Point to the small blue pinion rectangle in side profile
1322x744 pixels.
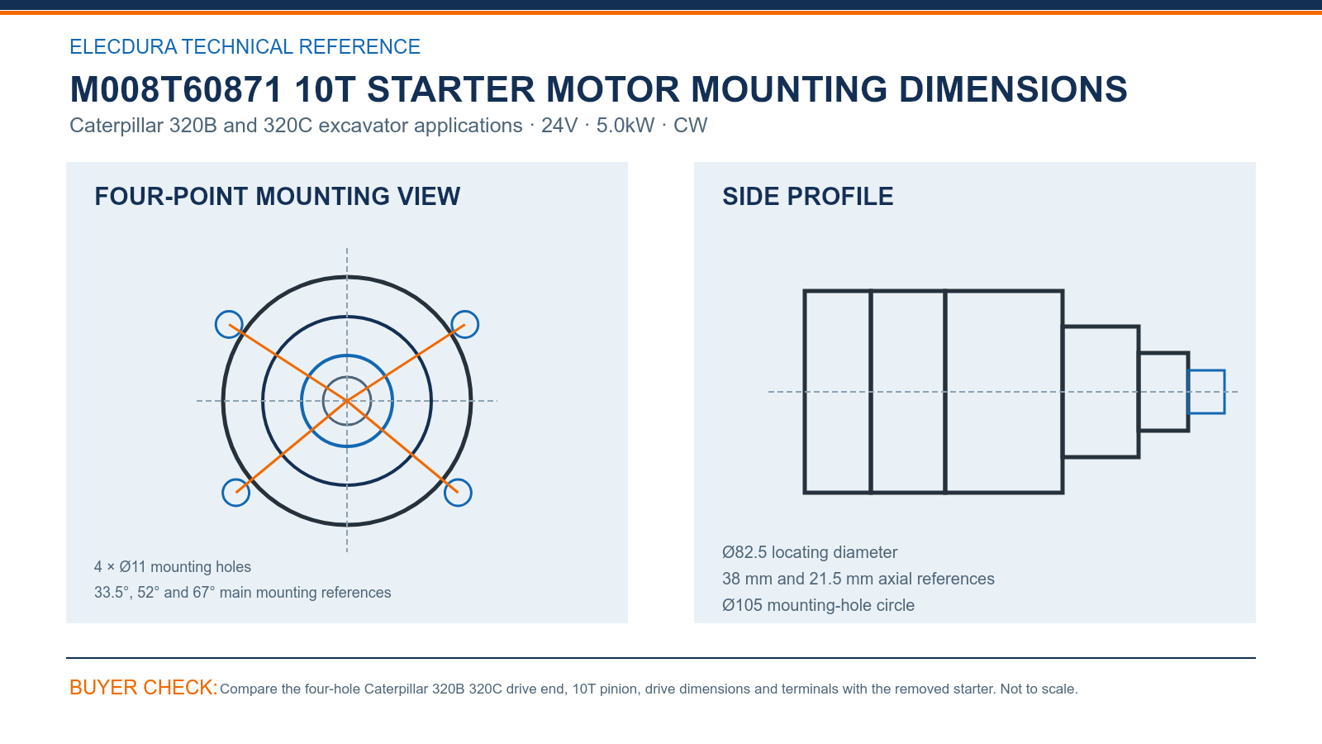[1206, 371]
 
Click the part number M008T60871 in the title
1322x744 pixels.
[176, 90]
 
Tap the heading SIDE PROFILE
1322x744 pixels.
[807, 197]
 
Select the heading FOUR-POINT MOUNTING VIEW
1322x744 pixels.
[278, 197]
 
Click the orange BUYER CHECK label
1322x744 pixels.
[144, 687]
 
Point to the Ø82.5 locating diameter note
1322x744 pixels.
[810, 552]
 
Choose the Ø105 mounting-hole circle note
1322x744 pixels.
[819, 605]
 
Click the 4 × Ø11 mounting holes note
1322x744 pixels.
[173, 567]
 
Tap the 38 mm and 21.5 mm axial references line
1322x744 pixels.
[858, 579]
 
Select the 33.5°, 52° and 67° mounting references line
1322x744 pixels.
[243, 592]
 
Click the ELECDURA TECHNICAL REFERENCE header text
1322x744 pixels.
[245, 46]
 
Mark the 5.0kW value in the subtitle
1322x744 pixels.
[625, 125]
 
